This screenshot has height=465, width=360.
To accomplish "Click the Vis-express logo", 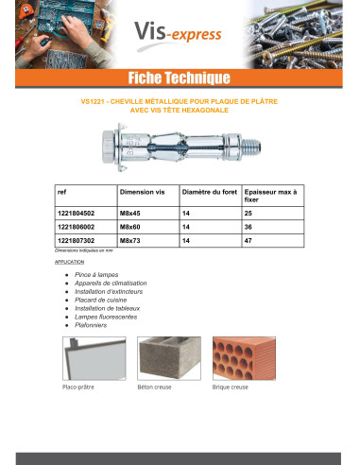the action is click(180, 36).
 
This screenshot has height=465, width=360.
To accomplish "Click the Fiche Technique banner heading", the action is click(180, 77).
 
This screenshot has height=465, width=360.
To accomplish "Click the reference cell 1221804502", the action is click(77, 212).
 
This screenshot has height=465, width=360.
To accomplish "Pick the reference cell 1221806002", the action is click(77, 227).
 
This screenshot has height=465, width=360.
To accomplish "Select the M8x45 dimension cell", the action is click(131, 212).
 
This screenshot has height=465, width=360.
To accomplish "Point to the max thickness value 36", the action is click(248, 227).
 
